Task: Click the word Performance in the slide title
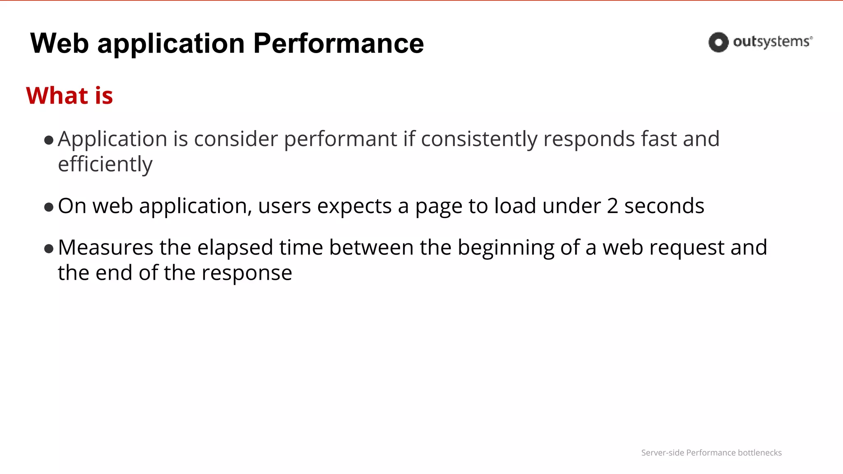click(338, 44)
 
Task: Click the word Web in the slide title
click(59, 44)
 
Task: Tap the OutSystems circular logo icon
click(718, 42)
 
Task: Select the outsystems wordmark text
click(772, 42)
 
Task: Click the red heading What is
click(69, 95)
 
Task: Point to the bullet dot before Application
click(49, 140)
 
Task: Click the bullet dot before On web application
click(49, 207)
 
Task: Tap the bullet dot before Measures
click(49, 249)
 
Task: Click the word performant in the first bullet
click(340, 139)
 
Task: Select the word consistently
click(479, 139)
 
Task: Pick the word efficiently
click(105, 164)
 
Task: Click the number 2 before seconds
click(612, 206)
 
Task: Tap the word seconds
click(664, 206)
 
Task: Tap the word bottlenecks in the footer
click(759, 453)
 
